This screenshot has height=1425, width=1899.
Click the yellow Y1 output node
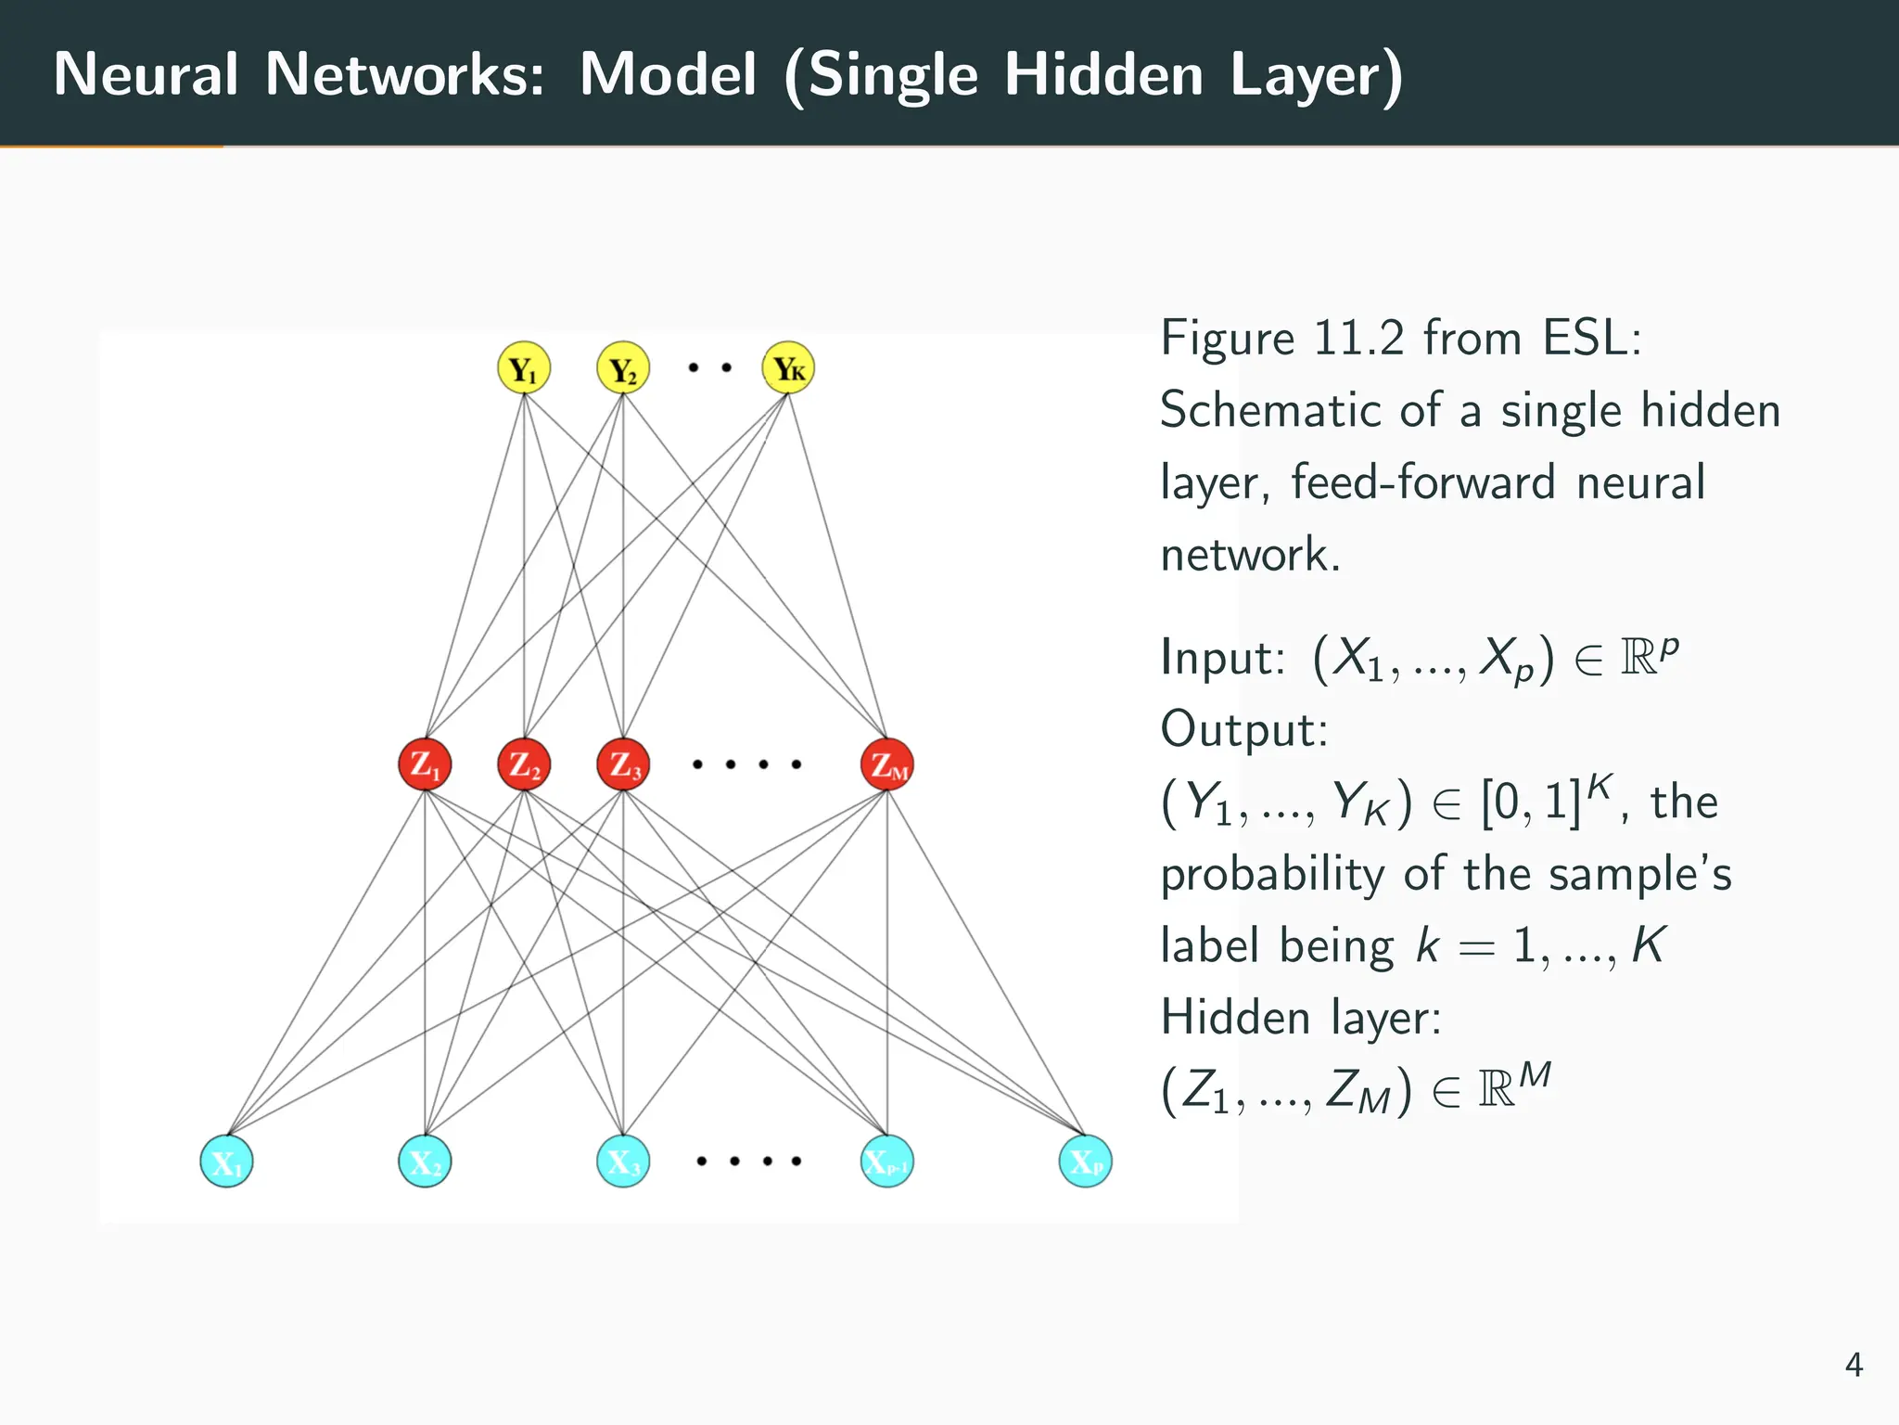[524, 368]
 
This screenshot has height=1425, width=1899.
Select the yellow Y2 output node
[623, 368]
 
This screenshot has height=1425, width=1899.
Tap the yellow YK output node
[788, 368]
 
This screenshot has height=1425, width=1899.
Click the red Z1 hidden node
[425, 764]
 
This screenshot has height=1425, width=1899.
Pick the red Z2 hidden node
[524, 764]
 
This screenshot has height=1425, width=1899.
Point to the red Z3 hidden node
[623, 764]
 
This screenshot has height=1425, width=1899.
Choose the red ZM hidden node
[887, 764]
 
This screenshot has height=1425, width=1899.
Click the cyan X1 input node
[226, 1161]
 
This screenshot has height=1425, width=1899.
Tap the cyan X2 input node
[425, 1161]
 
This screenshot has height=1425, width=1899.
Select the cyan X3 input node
[623, 1161]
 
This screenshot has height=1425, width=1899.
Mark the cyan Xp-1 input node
[887, 1161]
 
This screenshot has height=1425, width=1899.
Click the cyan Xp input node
[1085, 1161]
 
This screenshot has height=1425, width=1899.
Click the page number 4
[1854, 1365]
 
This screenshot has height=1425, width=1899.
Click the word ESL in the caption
[1591, 338]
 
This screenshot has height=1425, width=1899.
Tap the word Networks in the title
[404, 74]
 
